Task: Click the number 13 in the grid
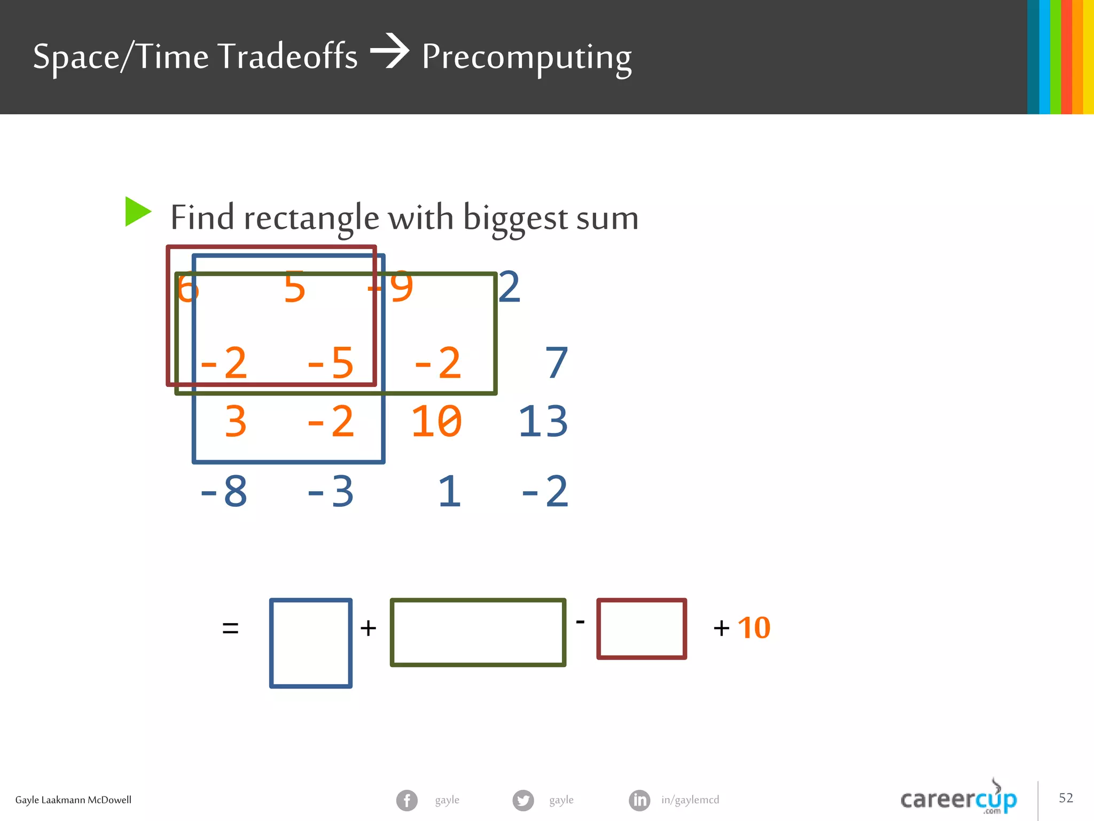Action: [x=543, y=422]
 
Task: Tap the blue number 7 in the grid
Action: [x=556, y=363]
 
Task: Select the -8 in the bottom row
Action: [x=223, y=491]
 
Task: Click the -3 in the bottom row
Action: [x=330, y=491]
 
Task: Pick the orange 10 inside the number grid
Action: [x=436, y=422]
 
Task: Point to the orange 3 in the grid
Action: [x=236, y=422]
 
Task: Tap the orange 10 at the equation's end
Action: [x=754, y=628]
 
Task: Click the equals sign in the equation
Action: [x=230, y=628]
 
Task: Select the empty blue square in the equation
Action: [x=311, y=643]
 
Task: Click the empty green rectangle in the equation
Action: [x=478, y=632]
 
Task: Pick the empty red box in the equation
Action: [x=642, y=629]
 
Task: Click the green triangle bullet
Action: [x=137, y=212]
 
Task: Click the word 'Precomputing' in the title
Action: [x=527, y=57]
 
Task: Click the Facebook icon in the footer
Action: [x=407, y=800]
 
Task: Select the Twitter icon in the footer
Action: [x=523, y=800]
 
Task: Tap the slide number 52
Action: [x=1066, y=798]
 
